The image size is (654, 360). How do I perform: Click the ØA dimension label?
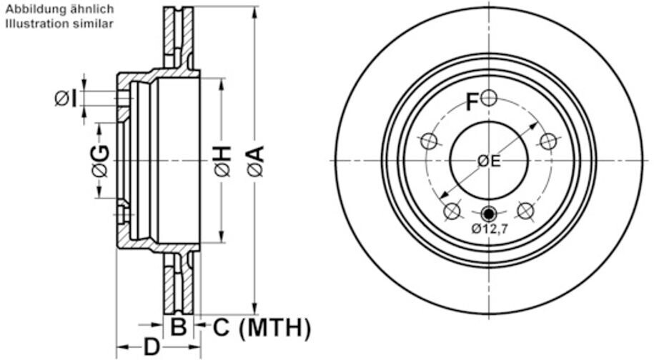click(x=256, y=161)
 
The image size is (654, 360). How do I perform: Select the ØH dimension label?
click(x=222, y=161)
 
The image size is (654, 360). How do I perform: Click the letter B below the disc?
click(x=179, y=328)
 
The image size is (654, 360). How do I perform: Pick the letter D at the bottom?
click(x=152, y=348)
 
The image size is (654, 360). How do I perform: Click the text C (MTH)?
click(x=262, y=328)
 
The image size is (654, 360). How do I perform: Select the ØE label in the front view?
click(x=490, y=161)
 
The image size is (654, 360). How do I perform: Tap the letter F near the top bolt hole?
click(x=472, y=103)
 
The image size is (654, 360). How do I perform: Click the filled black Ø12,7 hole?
click(x=489, y=213)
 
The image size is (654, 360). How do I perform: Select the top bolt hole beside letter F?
click(x=489, y=98)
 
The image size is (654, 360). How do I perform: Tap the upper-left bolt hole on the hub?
click(x=429, y=141)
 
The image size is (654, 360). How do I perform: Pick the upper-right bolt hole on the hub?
click(x=548, y=141)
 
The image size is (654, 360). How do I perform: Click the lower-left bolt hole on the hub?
click(x=452, y=211)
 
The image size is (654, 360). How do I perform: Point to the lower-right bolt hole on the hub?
click(x=526, y=211)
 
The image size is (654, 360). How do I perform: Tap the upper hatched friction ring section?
click(x=179, y=36)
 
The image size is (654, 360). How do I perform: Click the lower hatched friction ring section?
click(x=179, y=286)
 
